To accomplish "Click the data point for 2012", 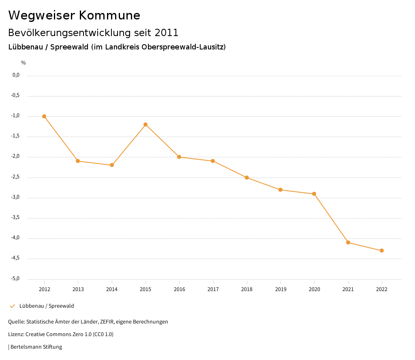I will tap(44, 116).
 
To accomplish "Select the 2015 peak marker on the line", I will tap(145, 124).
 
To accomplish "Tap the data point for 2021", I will tap(348, 242).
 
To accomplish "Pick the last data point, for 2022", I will tap(382, 251).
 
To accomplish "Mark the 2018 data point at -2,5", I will tap(247, 178).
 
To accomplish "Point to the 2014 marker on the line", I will tap(112, 165).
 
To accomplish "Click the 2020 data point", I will tap(314, 194).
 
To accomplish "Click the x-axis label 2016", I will tap(179, 289).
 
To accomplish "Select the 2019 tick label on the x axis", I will tap(280, 289).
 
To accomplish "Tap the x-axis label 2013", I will tap(78, 289).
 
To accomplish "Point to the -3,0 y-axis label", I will tap(16, 197).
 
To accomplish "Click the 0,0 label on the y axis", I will tap(16, 75).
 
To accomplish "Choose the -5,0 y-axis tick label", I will tap(16, 279).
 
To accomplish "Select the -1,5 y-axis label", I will tap(16, 136).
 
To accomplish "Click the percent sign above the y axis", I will tap(24, 63).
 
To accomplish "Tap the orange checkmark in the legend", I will tap(12, 306).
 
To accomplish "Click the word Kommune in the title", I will tap(110, 15).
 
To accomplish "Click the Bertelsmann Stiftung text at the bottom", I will tap(36, 347).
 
